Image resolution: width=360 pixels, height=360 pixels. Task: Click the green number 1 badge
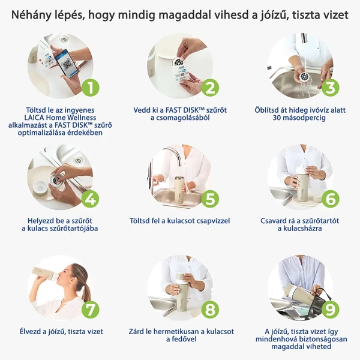click(x=90, y=88)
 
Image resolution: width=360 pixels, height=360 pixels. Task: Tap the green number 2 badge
click(x=209, y=88)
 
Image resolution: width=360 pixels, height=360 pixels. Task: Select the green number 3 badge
click(x=329, y=88)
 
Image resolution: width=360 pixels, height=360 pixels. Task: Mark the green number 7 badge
click(x=90, y=310)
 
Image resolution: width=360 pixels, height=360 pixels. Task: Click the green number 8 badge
click(x=209, y=310)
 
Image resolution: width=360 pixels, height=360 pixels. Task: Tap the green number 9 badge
click(x=329, y=310)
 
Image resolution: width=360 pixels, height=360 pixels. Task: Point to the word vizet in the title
click(x=334, y=15)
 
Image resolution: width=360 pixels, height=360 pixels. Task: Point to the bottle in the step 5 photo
click(x=178, y=189)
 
